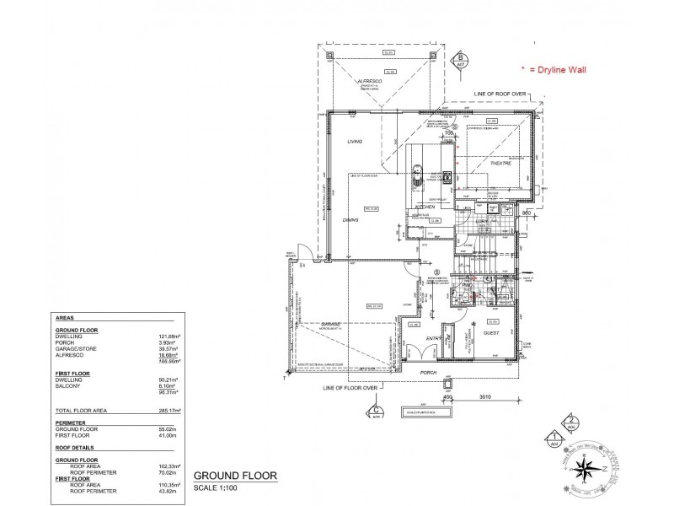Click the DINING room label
[350, 219]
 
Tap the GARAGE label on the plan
[329, 323]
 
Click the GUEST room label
[491, 333]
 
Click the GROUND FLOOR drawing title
[230, 476]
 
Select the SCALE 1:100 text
[217, 488]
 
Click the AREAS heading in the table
[63, 317]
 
